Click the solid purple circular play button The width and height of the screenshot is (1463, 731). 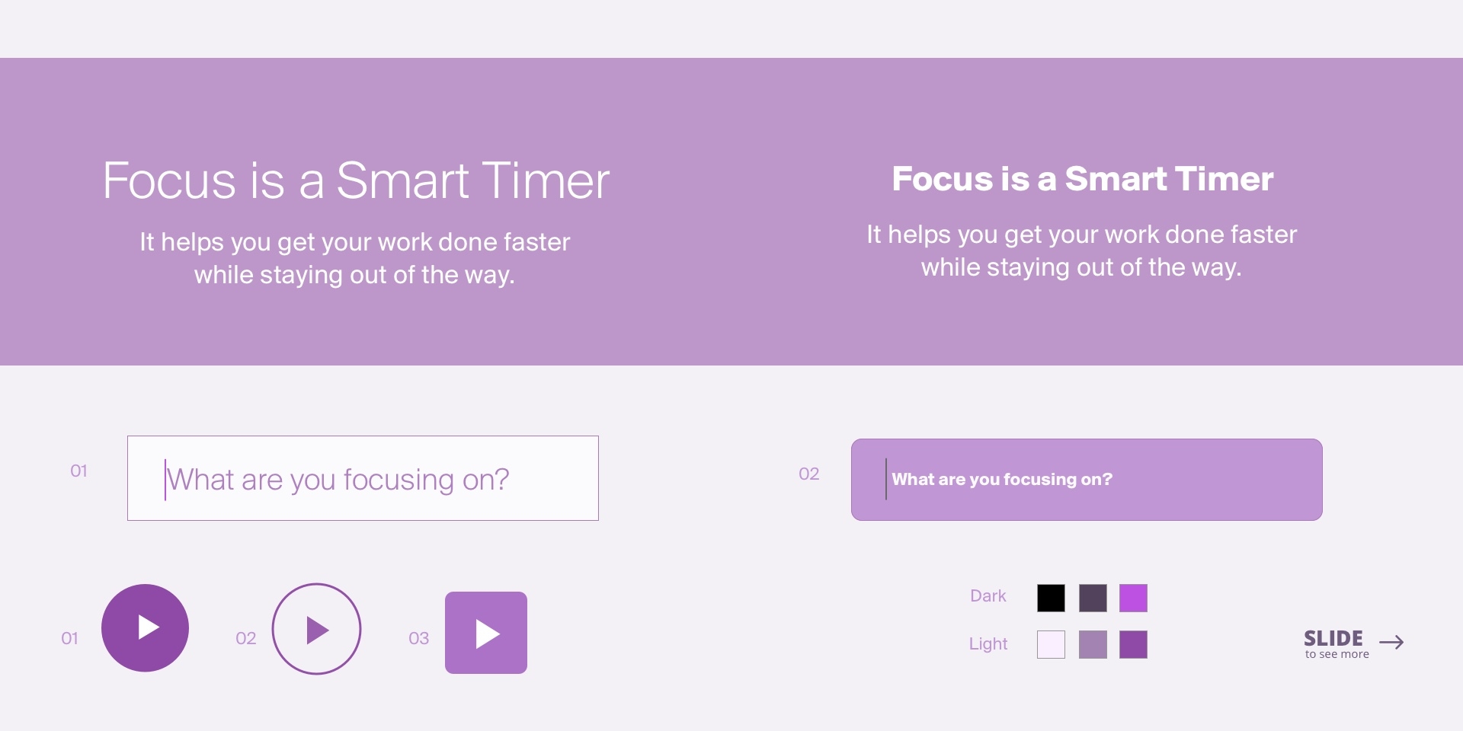pos(145,628)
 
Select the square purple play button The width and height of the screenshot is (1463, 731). pos(486,633)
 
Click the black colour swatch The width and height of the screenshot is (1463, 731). pos(1051,598)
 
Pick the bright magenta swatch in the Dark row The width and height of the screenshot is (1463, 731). pos(1133,598)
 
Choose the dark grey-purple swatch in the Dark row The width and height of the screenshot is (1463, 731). pos(1093,598)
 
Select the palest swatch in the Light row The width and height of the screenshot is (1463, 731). pos(1051,644)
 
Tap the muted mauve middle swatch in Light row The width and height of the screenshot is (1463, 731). pos(1093,644)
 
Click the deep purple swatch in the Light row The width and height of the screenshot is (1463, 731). pos(1133,644)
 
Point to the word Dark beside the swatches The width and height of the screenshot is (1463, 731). pos(988,595)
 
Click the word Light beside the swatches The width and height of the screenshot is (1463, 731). pos(988,644)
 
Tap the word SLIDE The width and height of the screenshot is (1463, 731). pos(1333,638)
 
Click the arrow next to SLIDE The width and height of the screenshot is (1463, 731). pos(1391,642)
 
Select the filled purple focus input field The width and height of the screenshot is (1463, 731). pos(1087,480)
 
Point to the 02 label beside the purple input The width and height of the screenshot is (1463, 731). pos(809,474)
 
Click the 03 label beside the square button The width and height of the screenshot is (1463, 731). pos(419,638)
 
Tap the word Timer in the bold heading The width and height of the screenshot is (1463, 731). pos(1223,179)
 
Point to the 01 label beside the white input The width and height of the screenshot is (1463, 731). pos(78,471)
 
